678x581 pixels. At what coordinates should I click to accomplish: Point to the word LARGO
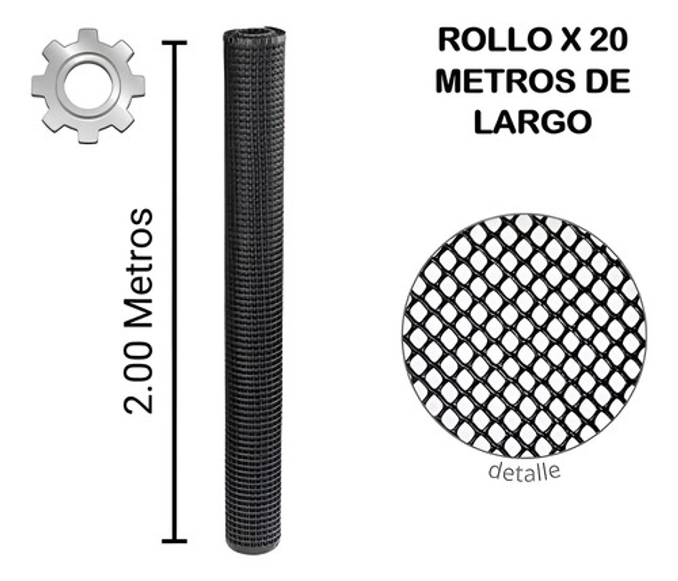tap(533, 122)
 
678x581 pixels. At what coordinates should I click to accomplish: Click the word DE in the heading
tap(607, 81)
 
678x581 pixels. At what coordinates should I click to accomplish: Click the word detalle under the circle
tap(524, 471)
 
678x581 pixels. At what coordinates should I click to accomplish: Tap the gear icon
tap(88, 86)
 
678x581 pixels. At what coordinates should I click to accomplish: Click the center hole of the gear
tap(88, 86)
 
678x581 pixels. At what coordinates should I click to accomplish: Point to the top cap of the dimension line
tap(175, 43)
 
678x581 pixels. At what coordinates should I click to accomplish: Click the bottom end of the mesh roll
tap(253, 547)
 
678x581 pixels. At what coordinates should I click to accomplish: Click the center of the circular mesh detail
tap(524, 336)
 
